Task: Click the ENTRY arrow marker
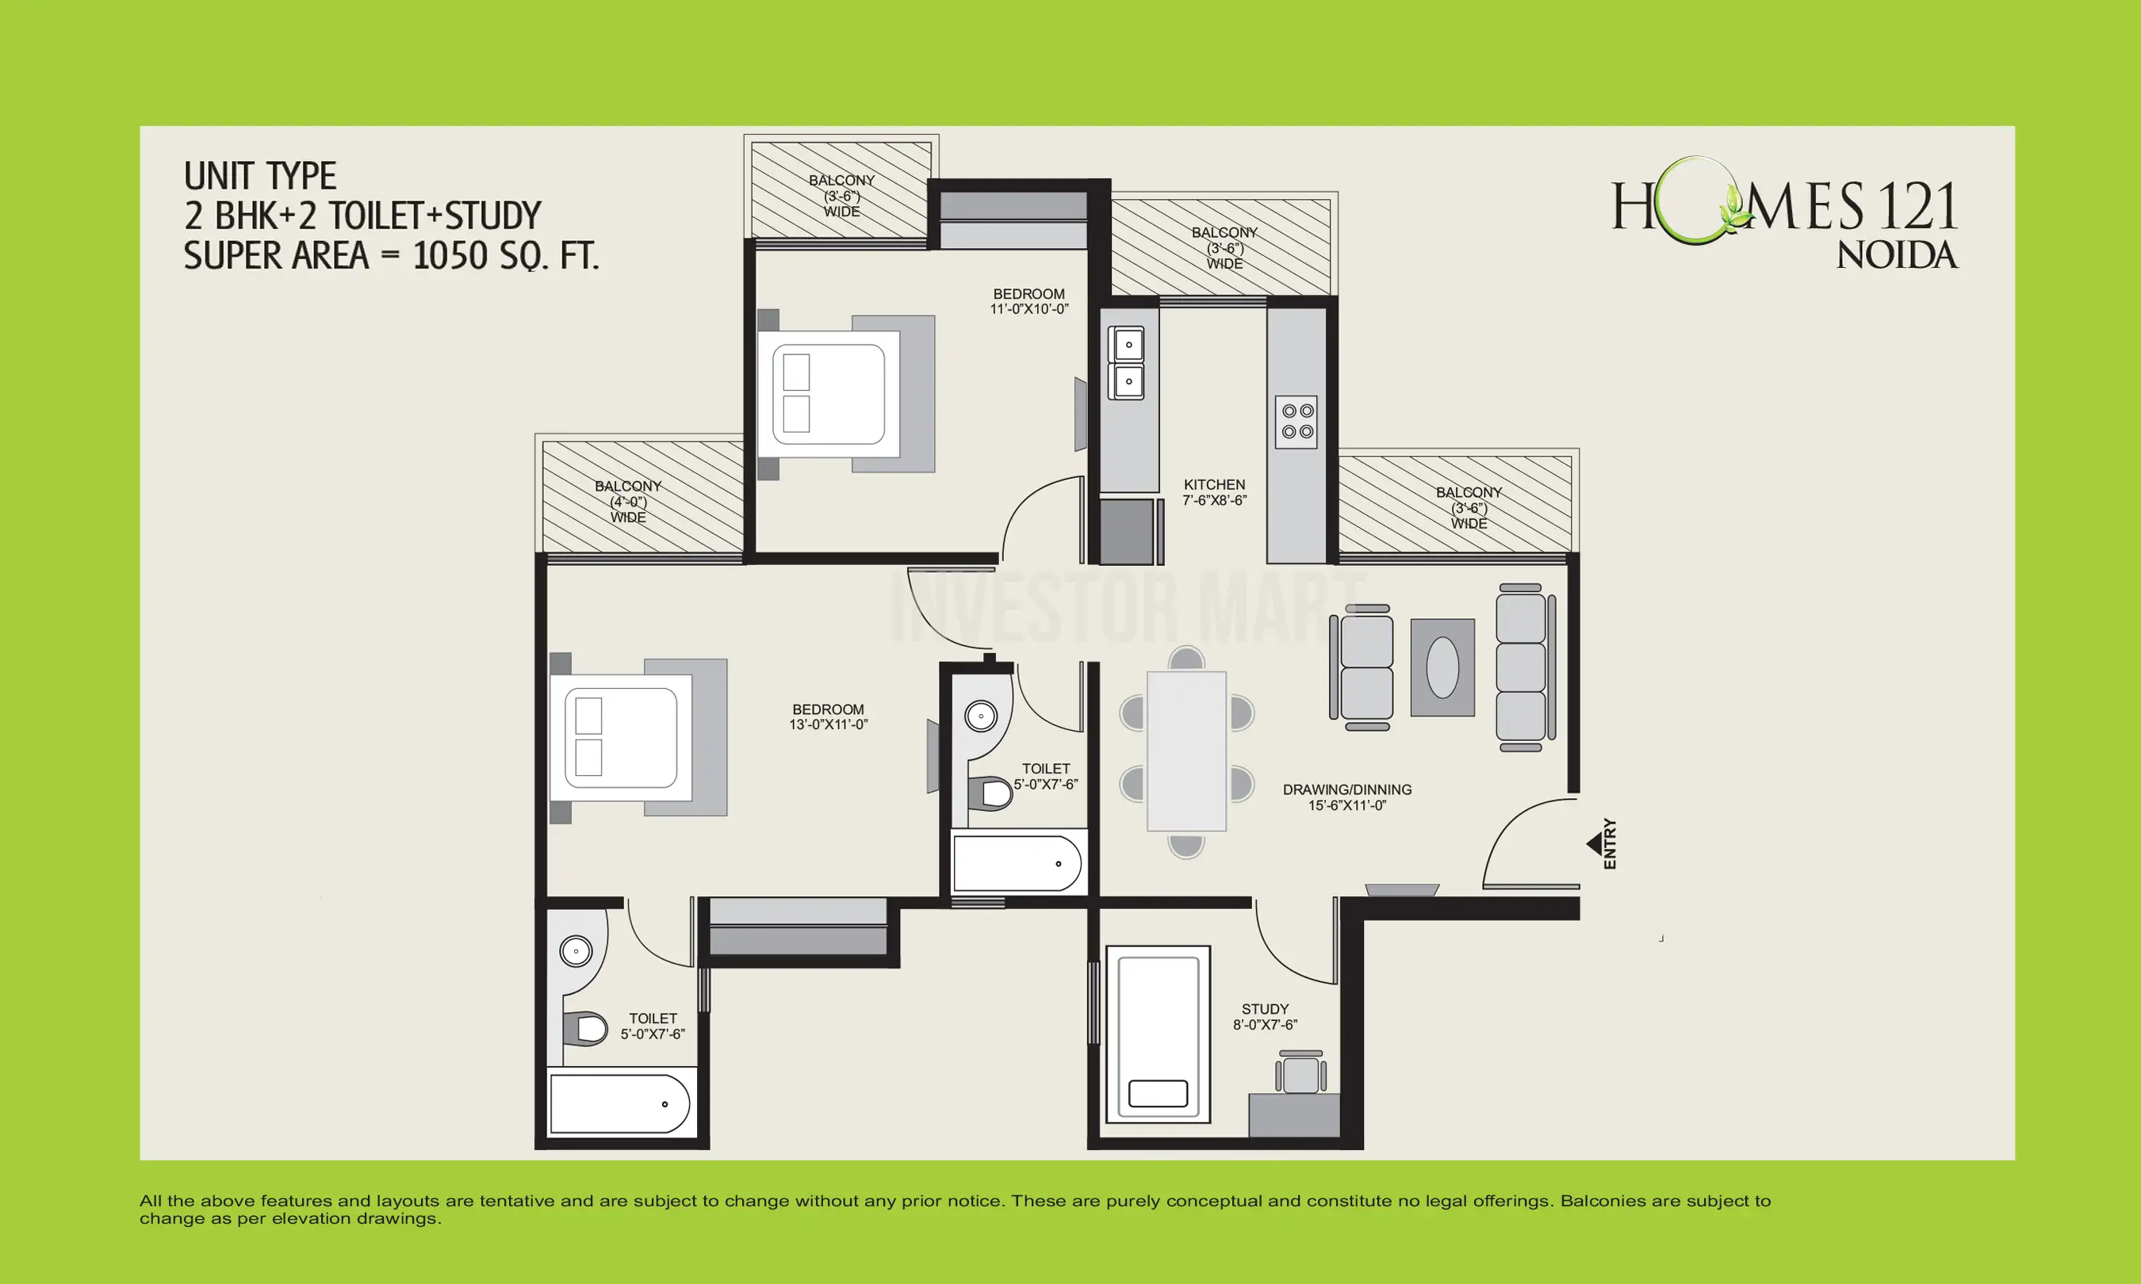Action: point(1593,843)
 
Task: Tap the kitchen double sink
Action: point(1128,362)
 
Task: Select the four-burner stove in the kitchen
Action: point(1296,422)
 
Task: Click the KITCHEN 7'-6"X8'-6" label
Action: point(1214,492)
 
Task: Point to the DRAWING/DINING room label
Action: point(1346,797)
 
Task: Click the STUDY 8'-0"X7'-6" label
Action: point(1264,1017)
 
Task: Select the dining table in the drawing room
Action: point(1186,750)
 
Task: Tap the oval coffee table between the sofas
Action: point(1442,667)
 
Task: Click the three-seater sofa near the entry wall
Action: point(1521,667)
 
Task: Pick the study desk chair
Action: point(1300,1074)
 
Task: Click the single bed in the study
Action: point(1158,1034)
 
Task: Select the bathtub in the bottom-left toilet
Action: point(619,1104)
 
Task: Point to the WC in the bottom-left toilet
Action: point(588,1029)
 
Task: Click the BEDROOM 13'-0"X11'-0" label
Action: point(828,717)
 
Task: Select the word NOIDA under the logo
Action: point(1896,255)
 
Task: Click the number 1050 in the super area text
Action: point(448,255)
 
